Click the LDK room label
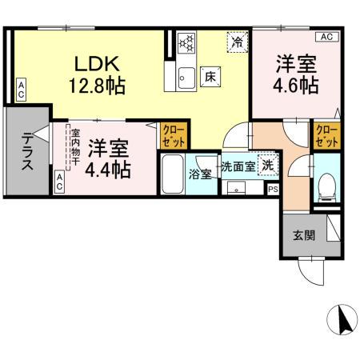click(x=98, y=63)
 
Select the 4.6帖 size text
click(x=295, y=85)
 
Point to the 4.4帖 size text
click(x=110, y=169)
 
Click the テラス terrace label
click(x=27, y=151)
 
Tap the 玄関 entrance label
click(x=302, y=235)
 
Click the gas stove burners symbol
click(x=187, y=42)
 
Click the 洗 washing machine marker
click(x=270, y=166)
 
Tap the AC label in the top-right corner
click(x=327, y=37)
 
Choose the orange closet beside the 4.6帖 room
click(x=326, y=135)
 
